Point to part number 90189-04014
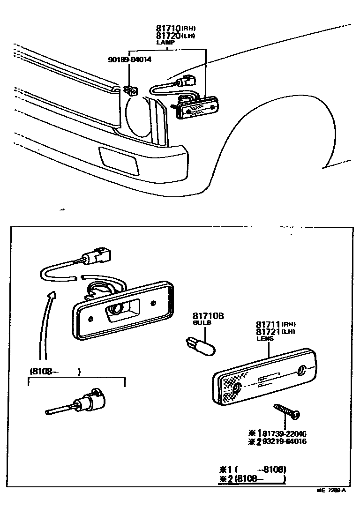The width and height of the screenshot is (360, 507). pos(129,60)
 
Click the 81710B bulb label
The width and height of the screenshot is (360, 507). pos(208,316)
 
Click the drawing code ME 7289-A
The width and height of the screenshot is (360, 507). pos(331,490)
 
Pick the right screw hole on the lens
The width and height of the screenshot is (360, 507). pos(302,371)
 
